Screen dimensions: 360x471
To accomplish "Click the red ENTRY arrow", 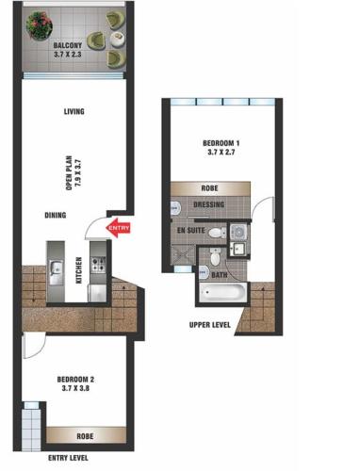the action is click(118, 228).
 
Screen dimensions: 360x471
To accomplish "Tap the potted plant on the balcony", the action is click(39, 25).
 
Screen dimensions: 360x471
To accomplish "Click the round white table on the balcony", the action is click(117, 40).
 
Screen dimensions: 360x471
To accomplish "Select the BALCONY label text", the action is click(68, 45).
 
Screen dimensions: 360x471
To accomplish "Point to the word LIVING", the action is click(74, 111).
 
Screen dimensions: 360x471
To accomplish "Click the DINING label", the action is click(56, 215).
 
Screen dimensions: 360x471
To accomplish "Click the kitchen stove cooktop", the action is click(98, 265).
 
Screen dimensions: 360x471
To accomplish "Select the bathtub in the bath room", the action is click(223, 293).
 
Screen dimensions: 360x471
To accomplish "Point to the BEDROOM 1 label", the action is click(221, 143).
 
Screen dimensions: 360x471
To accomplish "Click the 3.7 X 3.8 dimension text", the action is click(75, 388).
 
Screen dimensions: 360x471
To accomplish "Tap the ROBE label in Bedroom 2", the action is click(85, 436).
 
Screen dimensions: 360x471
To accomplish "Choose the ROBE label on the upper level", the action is click(209, 188).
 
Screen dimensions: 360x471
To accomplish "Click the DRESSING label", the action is click(209, 204).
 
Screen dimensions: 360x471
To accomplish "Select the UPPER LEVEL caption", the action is click(210, 325).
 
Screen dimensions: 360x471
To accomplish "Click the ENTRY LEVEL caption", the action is click(68, 458).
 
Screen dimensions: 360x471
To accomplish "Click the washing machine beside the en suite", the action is click(237, 233).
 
